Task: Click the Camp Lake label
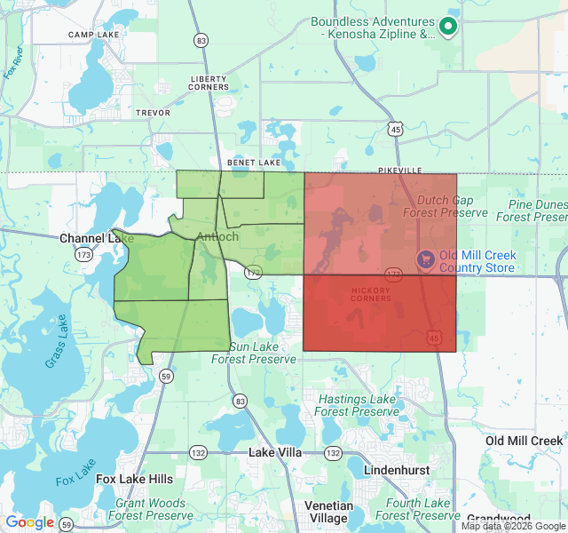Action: tap(93, 35)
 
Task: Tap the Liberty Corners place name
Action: tap(209, 83)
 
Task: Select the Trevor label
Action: tap(153, 113)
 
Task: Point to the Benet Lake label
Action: tap(254, 163)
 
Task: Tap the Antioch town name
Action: tap(217, 236)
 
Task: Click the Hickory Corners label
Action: tap(370, 293)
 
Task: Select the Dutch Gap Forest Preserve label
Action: tap(446, 206)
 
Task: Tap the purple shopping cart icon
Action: tap(426, 258)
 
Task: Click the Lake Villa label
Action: tap(275, 452)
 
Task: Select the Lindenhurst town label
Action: tap(397, 470)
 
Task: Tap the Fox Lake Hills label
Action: tap(135, 479)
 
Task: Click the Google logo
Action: tap(30, 522)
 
